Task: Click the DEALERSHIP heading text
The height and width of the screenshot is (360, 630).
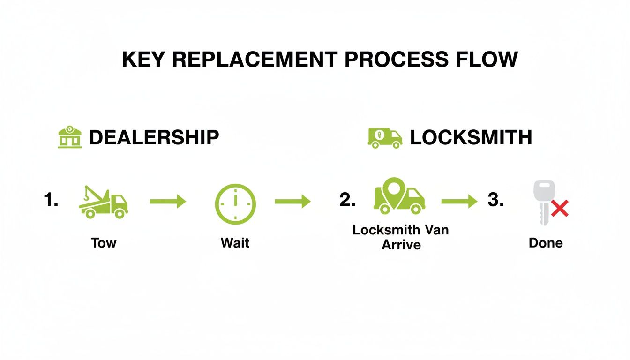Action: pos(154,137)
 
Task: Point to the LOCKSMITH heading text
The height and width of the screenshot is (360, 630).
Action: pos(471,137)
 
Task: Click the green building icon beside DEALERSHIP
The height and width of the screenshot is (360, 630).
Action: pos(69,137)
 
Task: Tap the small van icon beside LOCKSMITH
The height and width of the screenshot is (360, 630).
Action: pos(385,138)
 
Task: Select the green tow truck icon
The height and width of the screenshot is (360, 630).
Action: pos(104,202)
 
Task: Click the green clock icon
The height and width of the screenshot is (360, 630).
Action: pos(235,204)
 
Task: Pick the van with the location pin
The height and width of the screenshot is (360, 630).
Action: pos(399,197)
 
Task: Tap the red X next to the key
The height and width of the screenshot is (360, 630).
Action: pos(559,208)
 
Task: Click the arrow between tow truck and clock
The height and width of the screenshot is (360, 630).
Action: pos(168,202)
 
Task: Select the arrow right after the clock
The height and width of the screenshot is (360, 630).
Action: pos(292,202)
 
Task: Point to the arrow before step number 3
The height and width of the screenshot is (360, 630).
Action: pos(459,202)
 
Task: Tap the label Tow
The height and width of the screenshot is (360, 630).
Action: pos(104,243)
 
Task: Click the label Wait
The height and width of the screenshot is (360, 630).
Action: pos(235,243)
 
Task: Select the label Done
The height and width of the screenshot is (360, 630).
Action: pos(546,243)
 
